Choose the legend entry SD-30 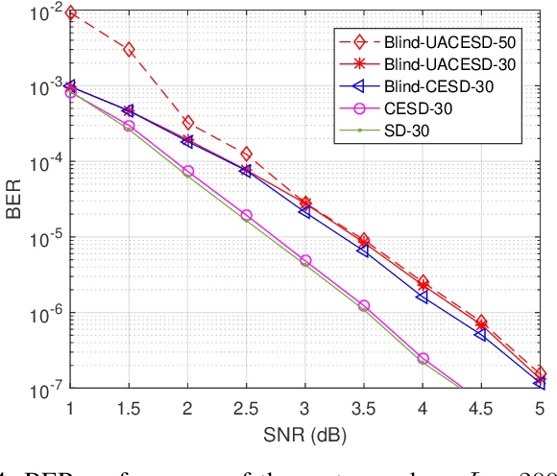(430, 131)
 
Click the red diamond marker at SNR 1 (70, 13)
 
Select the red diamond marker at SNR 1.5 (129, 49)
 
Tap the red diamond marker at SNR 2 (188, 123)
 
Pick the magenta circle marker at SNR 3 (305, 260)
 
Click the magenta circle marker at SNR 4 (424, 358)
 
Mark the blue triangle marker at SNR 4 (424, 297)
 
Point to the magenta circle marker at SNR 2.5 (247, 216)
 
